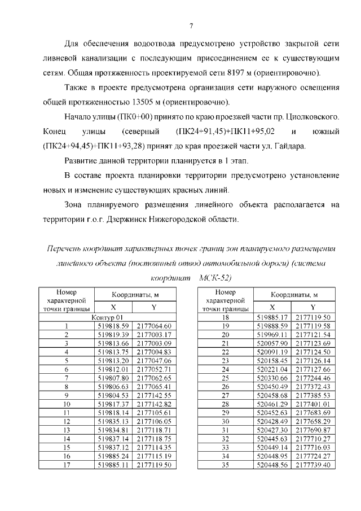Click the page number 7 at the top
point(191,25)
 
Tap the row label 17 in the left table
point(67,465)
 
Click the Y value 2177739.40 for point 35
point(312,465)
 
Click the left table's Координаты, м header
point(134,295)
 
